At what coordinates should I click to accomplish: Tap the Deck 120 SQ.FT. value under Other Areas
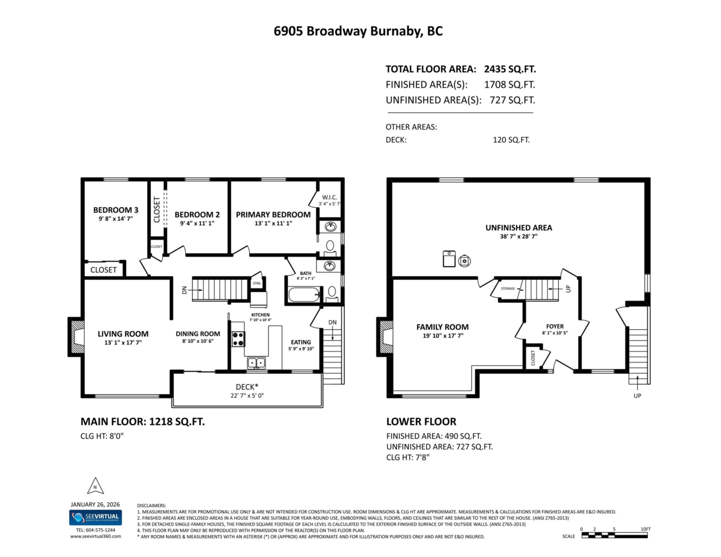511,140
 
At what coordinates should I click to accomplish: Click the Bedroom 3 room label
115,210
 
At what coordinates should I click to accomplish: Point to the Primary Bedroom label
273,215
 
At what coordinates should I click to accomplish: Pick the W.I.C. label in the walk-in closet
329,196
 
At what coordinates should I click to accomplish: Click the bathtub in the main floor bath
305,295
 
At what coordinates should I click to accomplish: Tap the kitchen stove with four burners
238,339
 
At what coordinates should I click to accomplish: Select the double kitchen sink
257,362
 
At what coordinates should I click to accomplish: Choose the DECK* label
246,387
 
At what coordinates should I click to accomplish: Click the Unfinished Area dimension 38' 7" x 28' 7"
519,237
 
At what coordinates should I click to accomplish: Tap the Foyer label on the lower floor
555,326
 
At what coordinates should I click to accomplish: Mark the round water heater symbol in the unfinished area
465,260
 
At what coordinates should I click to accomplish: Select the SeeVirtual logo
95,517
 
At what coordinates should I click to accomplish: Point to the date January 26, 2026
95,504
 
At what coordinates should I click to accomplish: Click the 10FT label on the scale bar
645,529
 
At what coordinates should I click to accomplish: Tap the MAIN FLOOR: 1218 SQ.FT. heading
142,422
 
